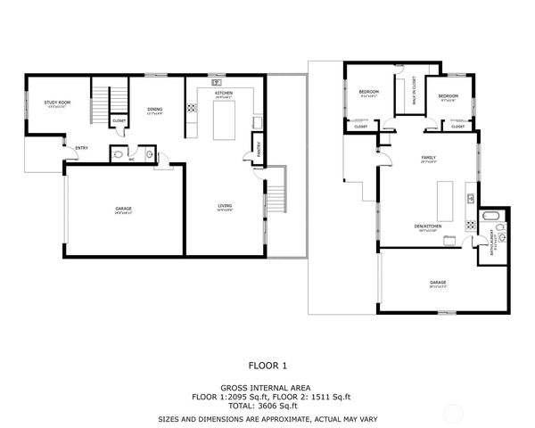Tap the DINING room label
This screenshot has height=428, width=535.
pos(154,111)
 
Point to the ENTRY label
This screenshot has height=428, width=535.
pos(81,147)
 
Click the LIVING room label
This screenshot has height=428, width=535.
pos(225,207)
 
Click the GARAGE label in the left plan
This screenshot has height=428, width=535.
pos(123,210)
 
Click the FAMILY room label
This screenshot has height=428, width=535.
pos(428,158)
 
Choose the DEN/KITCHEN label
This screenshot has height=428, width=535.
pos(429,226)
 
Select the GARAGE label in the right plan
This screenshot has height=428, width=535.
pos(437,283)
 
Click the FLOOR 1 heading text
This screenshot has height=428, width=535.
pos(267,365)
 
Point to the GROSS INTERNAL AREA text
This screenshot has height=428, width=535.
pos(267,387)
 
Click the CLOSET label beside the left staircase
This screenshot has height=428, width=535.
pos(119,120)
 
